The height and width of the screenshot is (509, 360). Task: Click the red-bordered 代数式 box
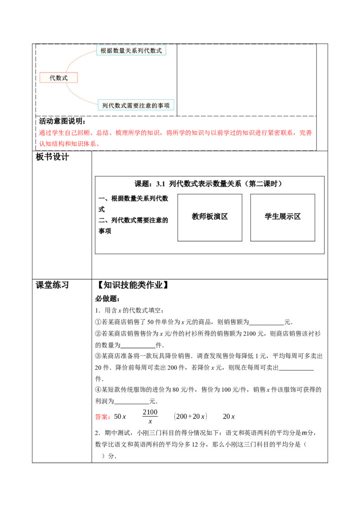point(58,78)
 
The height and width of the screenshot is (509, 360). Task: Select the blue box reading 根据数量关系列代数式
point(131,51)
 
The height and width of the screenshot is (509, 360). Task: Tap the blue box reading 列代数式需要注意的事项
point(136,106)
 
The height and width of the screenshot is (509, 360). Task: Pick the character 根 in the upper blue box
point(103,51)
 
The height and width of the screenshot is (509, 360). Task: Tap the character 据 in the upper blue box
point(110,51)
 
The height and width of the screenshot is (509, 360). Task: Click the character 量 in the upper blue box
point(122,51)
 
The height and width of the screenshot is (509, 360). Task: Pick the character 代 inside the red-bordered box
point(52,78)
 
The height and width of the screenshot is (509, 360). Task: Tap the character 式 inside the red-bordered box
point(65,78)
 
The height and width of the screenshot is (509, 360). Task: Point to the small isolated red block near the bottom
point(103,417)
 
